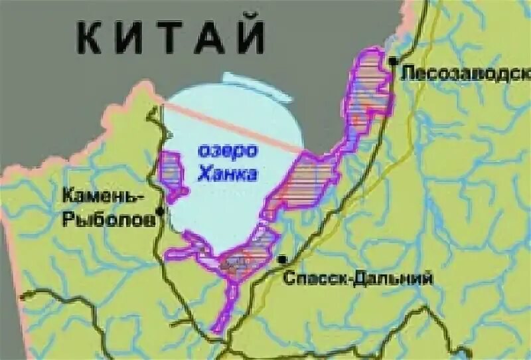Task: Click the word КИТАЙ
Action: tap(171, 37)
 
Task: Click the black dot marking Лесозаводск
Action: tap(394, 61)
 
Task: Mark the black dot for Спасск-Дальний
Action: tap(283, 259)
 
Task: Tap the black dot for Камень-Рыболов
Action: tap(160, 212)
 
